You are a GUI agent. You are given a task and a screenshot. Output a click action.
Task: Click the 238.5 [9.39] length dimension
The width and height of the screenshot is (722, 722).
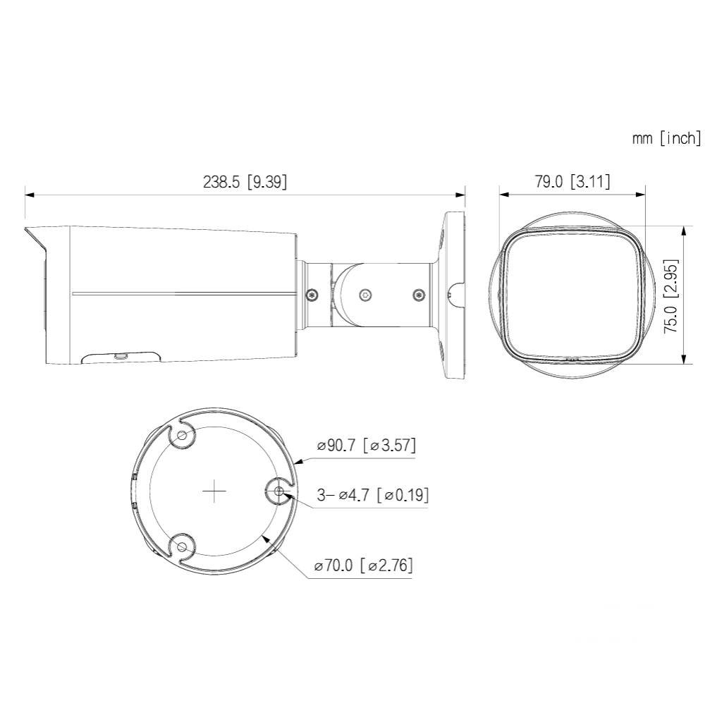(x=245, y=182)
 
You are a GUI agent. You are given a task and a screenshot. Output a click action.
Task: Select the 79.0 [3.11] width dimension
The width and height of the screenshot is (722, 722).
(x=573, y=181)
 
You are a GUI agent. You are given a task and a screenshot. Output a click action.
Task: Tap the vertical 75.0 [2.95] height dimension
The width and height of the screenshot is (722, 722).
(x=671, y=296)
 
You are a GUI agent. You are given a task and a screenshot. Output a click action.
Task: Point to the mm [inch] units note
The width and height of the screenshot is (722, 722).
(x=667, y=138)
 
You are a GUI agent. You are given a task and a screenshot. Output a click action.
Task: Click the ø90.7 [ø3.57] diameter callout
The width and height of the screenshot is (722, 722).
(x=367, y=446)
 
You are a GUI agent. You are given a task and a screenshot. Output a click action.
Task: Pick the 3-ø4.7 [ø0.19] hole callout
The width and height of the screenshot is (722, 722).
(x=372, y=496)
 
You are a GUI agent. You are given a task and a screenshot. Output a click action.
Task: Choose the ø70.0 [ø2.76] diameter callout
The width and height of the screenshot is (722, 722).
(x=363, y=565)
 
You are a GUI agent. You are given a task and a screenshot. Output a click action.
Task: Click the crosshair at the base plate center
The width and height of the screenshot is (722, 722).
(x=214, y=491)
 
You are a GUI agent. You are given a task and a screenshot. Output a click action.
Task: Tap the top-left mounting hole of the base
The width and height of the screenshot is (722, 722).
(x=182, y=435)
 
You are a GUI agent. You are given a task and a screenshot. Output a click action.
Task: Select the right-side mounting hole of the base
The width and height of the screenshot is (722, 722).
(x=278, y=491)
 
